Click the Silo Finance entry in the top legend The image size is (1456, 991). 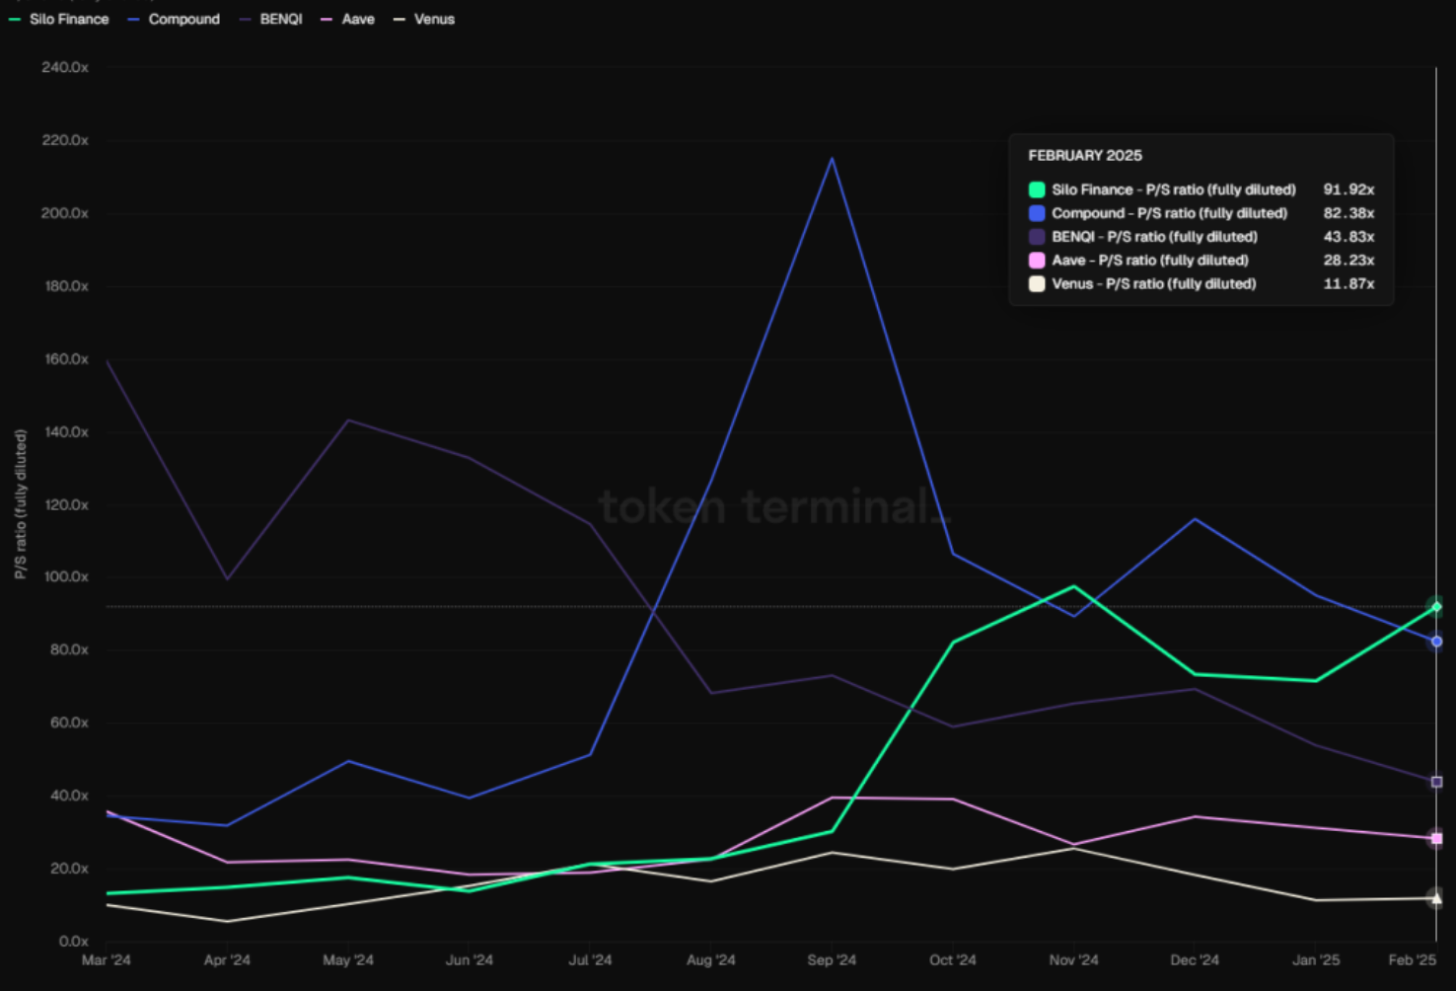tap(59, 20)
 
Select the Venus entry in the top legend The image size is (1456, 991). tap(424, 20)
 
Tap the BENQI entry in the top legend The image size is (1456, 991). tap(271, 20)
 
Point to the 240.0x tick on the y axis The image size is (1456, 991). tap(65, 68)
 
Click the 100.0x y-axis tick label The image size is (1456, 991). tap(65, 576)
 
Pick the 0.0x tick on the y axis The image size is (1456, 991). tap(73, 941)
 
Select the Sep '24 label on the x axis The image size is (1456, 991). tap(832, 959)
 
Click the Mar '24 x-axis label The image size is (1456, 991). tap(106, 959)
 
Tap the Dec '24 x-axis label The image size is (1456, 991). tap(1195, 959)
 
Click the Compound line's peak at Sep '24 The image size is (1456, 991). tap(832, 158)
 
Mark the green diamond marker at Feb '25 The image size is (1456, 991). tap(1436, 607)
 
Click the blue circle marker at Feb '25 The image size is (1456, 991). tap(1436, 642)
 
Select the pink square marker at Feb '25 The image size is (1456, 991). tap(1436, 838)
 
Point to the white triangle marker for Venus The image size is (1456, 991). tap(1436, 898)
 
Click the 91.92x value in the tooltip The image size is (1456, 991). tap(1348, 190)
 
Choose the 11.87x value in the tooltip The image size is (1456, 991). tap(1348, 283)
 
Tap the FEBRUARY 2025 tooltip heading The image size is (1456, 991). tap(1085, 155)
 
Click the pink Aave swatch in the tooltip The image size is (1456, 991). tap(1037, 261)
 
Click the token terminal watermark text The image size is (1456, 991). tap(773, 507)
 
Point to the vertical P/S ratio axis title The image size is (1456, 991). tap(21, 504)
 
